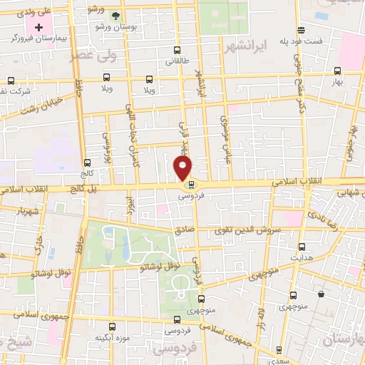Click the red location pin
(183, 168)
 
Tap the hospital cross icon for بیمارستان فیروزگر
(38, 27)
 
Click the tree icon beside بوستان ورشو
(117, 15)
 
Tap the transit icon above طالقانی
(177, 51)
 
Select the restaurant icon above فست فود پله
(302, 30)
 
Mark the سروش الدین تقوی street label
(247, 231)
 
